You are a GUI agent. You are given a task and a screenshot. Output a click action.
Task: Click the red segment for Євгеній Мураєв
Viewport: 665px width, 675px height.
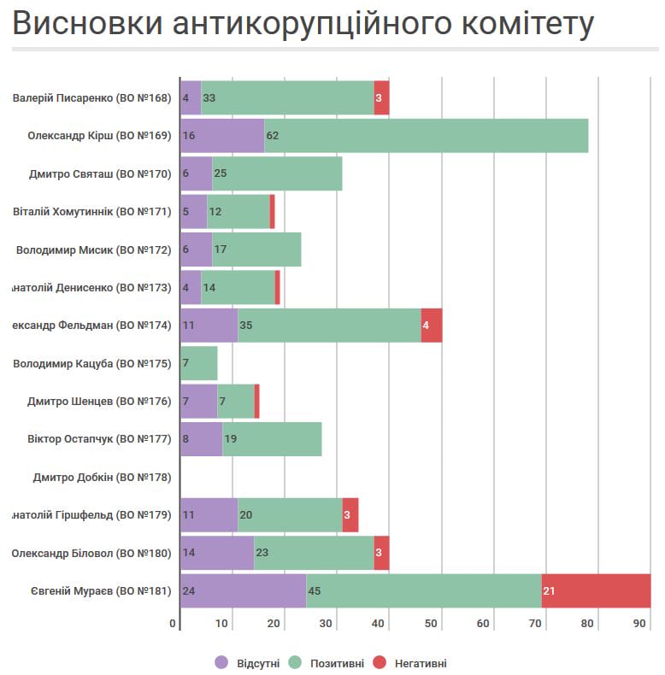click(x=596, y=590)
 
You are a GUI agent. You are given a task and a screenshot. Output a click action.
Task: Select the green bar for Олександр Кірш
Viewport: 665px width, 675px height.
click(x=426, y=135)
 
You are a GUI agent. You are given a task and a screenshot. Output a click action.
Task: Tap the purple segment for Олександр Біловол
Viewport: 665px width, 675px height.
click(x=216, y=553)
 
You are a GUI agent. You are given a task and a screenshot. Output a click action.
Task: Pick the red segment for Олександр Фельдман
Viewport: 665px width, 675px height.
click(x=432, y=325)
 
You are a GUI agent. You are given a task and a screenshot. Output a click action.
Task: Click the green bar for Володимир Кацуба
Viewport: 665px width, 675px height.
click(x=198, y=363)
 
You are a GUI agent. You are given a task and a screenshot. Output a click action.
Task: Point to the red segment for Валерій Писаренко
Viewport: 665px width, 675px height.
click(x=381, y=97)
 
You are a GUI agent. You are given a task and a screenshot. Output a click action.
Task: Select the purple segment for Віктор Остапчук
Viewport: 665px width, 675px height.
click(x=201, y=438)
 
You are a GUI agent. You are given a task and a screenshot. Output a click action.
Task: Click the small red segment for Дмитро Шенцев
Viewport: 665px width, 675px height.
click(x=256, y=401)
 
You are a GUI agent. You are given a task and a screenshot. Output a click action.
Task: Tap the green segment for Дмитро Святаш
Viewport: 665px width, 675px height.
click(x=277, y=173)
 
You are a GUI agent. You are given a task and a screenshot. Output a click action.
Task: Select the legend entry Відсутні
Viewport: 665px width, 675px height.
click(x=249, y=663)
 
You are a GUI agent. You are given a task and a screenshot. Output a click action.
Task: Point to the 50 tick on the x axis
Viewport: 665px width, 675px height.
click(x=433, y=624)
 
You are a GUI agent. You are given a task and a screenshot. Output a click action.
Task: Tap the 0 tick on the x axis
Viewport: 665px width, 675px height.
click(x=173, y=624)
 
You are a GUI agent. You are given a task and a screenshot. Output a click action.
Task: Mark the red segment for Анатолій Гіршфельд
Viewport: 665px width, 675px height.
click(x=350, y=514)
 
